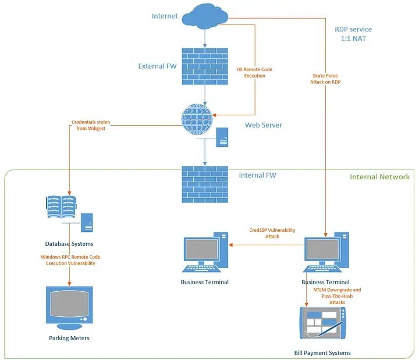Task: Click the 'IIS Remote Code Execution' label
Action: point(254,73)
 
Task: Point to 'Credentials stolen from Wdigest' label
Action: point(91,125)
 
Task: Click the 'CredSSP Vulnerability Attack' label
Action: point(265,233)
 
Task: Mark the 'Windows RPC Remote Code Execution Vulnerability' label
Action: point(69,260)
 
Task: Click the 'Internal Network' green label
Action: point(379,177)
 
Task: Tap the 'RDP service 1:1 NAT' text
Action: point(353,34)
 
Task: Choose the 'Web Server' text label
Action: point(263,125)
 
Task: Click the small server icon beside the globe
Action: point(222,137)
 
